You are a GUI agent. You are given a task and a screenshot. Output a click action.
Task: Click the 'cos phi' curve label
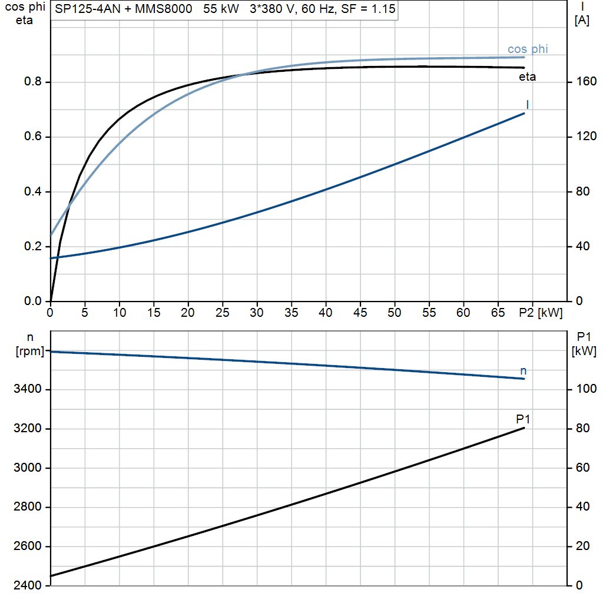pos(528,49)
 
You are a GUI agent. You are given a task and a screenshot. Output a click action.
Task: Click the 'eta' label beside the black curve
pos(527,77)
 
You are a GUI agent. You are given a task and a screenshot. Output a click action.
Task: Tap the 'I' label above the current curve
pos(527,105)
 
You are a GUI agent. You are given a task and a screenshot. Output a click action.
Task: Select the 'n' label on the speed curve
pos(523,371)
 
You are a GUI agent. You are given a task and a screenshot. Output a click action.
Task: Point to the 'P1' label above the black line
pos(523,419)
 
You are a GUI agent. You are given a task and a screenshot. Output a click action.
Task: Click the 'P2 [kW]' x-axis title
pos(541,313)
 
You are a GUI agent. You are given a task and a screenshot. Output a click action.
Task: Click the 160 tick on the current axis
pos(587,81)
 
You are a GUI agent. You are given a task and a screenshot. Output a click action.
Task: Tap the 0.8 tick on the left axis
pos(33,81)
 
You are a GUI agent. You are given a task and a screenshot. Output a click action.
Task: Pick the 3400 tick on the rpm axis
pos(27,389)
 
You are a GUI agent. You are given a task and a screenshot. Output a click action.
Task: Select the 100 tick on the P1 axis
pos(587,389)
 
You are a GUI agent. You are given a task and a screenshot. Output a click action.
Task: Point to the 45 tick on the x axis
pos(360,313)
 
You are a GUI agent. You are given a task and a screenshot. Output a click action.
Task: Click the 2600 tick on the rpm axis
pos(27,546)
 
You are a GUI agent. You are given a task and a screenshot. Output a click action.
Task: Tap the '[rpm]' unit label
pos(29,351)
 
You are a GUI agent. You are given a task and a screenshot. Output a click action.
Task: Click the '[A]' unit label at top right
pos(582,21)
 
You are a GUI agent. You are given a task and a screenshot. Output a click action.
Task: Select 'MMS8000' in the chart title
pos(164,9)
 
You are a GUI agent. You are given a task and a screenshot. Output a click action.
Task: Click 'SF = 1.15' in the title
pos(368,9)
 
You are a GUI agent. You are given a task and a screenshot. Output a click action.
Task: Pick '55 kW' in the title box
pos(221,9)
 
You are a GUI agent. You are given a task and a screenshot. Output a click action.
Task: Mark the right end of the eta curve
pos(524,68)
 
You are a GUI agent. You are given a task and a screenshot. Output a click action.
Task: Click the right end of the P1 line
pos(524,428)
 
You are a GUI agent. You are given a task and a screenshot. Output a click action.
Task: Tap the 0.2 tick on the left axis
pos(33,246)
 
